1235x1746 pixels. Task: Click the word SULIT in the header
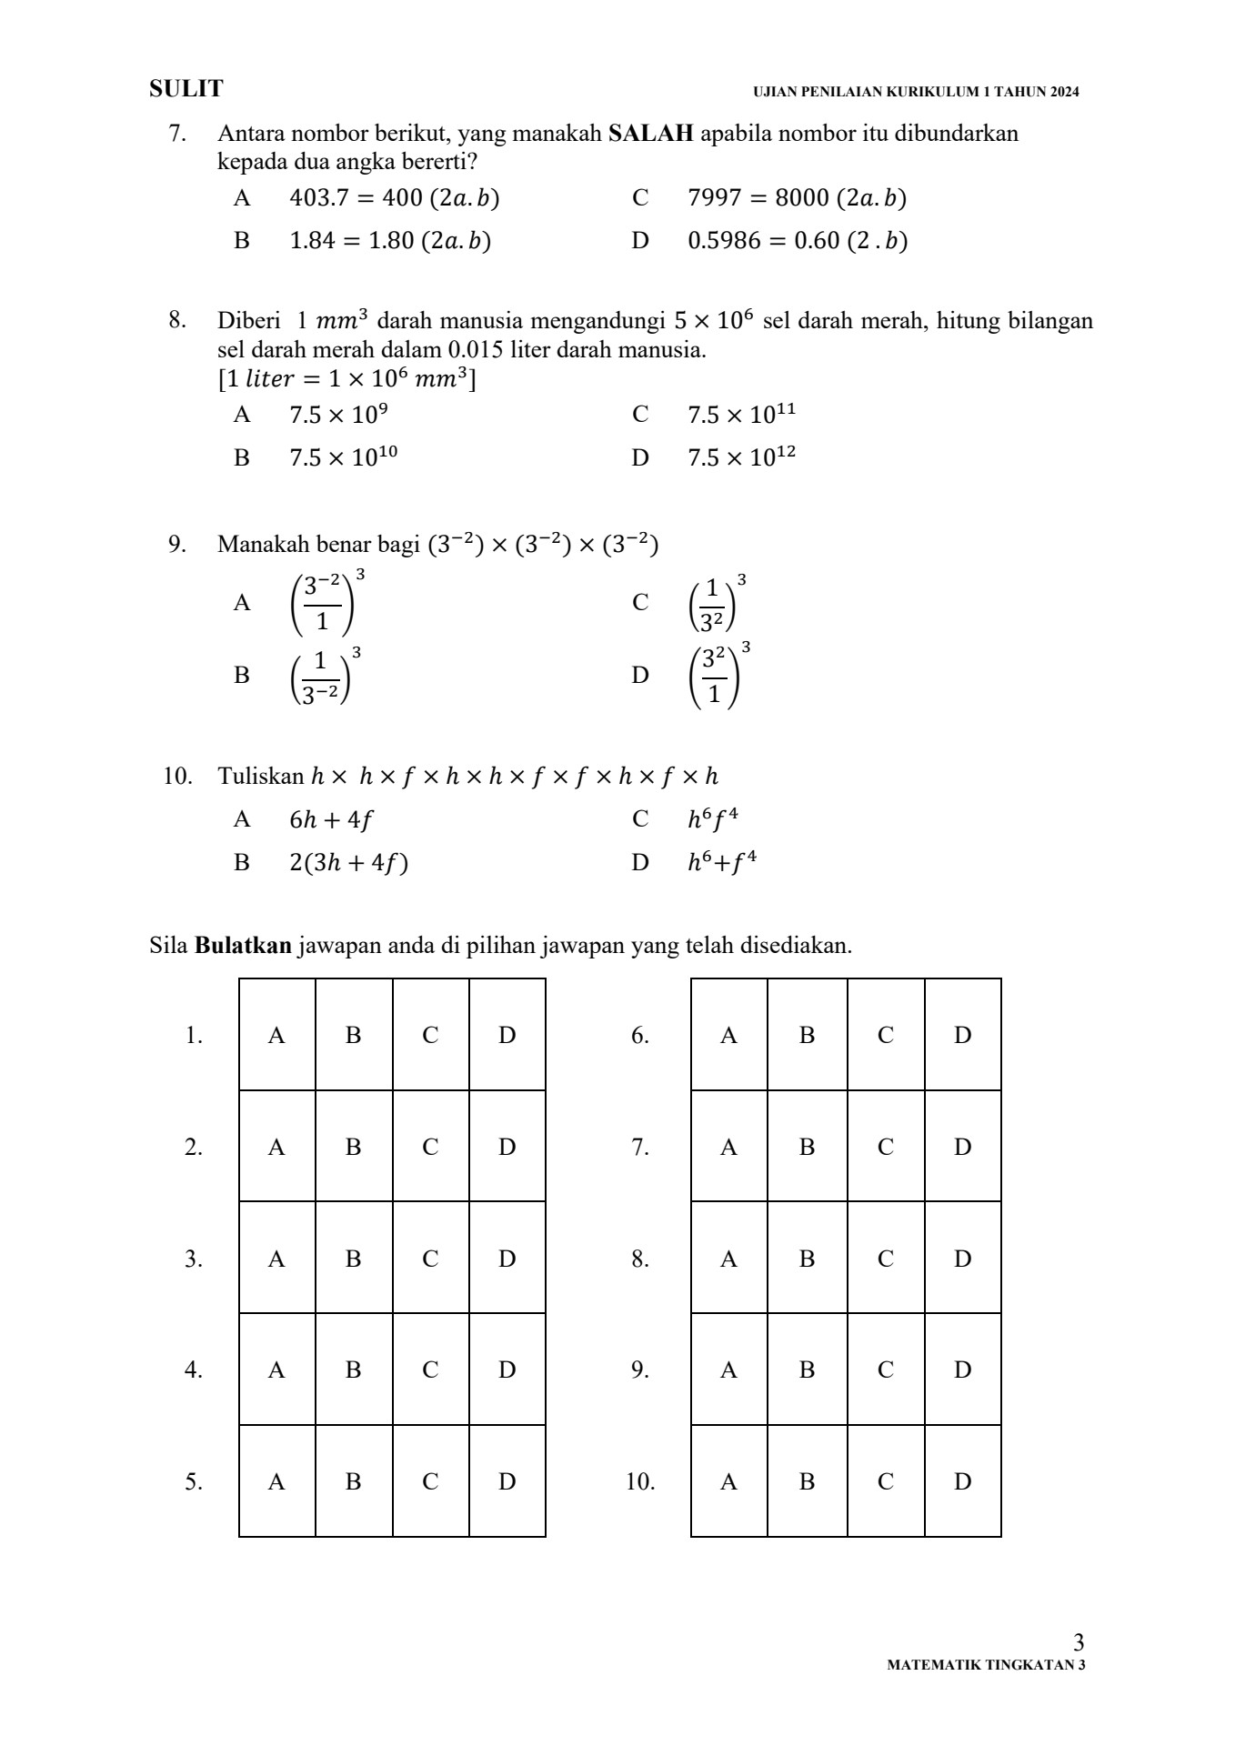[186, 89]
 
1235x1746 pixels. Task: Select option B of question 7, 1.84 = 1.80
[389, 241]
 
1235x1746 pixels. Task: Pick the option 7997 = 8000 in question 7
[797, 198]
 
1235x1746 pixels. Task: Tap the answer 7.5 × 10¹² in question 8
[741, 457]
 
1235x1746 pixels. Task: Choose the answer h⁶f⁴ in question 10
[712, 819]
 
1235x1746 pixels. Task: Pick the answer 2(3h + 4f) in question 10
[348, 863]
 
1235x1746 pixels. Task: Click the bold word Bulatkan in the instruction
[244, 946]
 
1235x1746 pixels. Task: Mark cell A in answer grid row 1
[276, 1035]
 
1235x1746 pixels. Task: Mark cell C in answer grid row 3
[430, 1259]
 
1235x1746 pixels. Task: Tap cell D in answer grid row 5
[507, 1481]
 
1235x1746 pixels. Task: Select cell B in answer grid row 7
[807, 1147]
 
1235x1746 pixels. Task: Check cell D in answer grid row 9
[962, 1370]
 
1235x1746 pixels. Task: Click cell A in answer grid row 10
[728, 1481]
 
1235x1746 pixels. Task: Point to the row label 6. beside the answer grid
[639, 1036]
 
